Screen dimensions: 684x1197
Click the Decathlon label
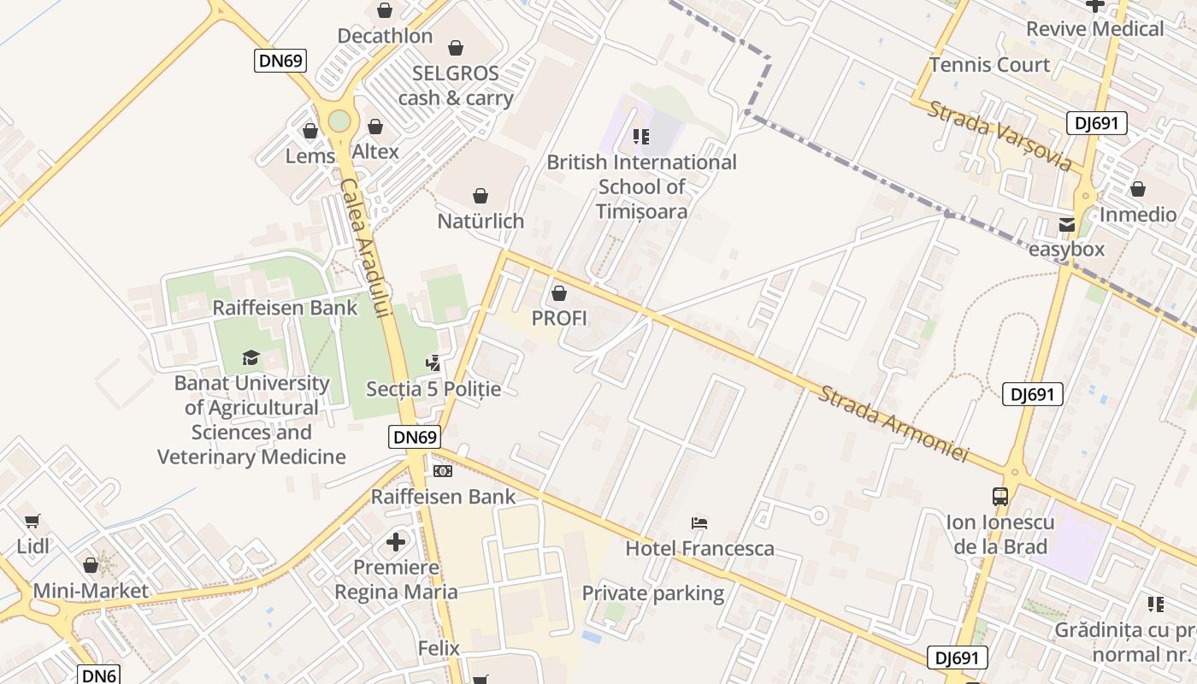click(x=385, y=37)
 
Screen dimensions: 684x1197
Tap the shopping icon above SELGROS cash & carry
click(x=456, y=48)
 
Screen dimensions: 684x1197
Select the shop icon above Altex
click(x=375, y=127)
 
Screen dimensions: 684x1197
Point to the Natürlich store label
click(x=481, y=221)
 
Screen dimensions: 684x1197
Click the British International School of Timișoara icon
click(x=641, y=137)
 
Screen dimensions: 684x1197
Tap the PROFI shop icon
click(x=559, y=294)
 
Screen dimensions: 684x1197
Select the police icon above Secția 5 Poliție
click(x=433, y=363)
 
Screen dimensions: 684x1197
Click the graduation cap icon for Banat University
click(x=251, y=357)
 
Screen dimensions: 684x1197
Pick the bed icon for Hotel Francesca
click(x=699, y=523)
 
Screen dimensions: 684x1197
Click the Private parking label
click(x=653, y=593)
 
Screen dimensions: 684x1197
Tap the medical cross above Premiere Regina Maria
click(x=395, y=542)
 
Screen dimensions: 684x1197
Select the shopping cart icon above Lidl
click(x=32, y=521)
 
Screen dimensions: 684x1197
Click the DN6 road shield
click(x=98, y=675)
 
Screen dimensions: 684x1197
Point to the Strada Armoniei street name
click(x=893, y=424)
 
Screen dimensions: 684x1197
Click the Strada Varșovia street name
click(x=999, y=135)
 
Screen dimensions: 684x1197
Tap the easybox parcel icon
click(x=1067, y=226)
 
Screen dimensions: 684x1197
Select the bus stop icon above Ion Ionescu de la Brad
click(x=1000, y=496)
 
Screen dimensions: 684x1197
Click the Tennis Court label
click(x=989, y=65)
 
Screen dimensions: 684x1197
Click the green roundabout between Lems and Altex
click(x=339, y=121)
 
